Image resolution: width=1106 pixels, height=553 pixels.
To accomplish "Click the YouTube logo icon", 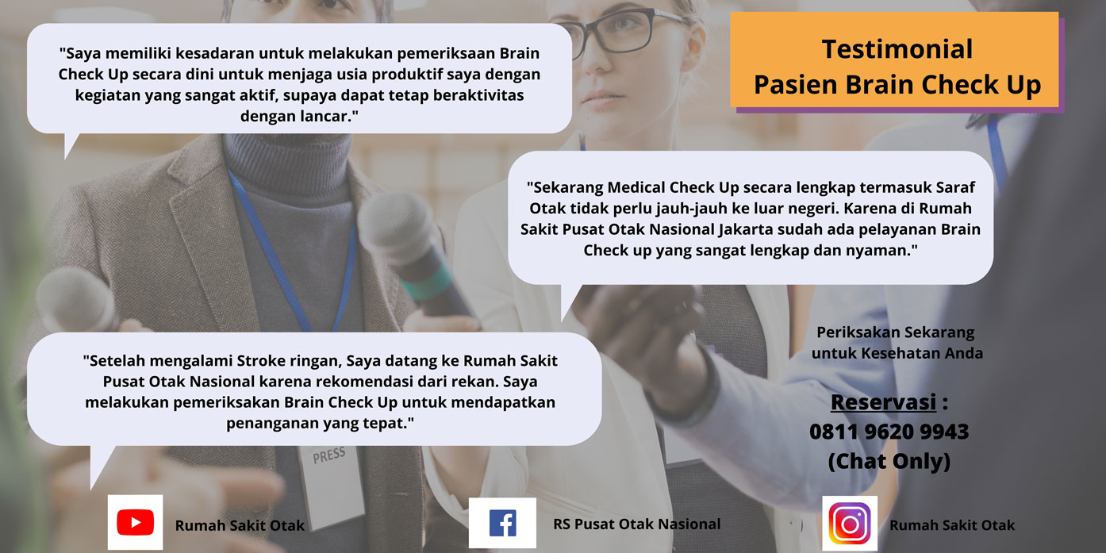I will point(136,522).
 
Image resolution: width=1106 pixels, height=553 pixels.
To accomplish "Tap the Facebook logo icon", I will point(502,523).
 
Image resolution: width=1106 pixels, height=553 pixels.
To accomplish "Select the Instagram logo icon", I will point(850,524).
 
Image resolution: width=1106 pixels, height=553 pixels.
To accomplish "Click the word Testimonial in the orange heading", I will point(897,49).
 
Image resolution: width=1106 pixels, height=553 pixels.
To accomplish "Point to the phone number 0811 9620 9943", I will point(889,432).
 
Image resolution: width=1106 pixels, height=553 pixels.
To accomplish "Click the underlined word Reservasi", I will point(883,402).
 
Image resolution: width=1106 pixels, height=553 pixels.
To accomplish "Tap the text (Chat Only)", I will point(889,461).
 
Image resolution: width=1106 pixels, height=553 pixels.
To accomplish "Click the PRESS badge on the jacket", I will point(328,455).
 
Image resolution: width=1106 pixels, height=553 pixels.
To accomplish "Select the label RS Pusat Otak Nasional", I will point(636,524).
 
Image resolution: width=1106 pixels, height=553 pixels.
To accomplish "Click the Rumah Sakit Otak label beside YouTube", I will point(240,525).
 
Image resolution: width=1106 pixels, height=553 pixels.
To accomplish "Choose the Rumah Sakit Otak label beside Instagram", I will point(951,525).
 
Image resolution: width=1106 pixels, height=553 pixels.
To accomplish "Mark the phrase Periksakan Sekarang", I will point(895,332).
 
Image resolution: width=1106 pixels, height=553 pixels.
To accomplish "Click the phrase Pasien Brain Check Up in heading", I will point(897,85).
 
